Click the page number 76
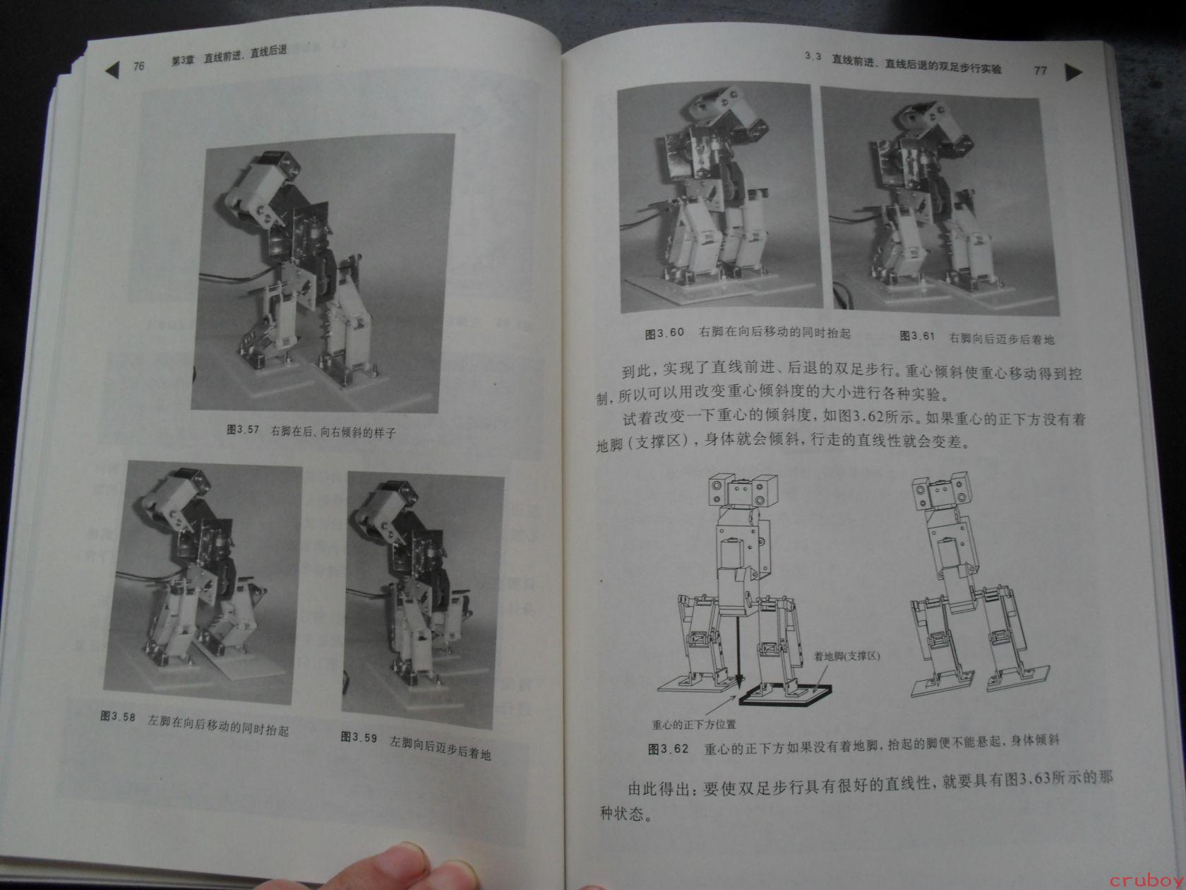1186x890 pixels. (139, 66)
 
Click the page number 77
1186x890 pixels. (1040, 70)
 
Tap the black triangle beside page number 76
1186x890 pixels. (112, 70)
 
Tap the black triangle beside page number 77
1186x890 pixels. (1072, 72)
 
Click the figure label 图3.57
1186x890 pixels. (243, 430)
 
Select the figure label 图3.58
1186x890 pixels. (118, 716)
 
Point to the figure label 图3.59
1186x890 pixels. (359, 737)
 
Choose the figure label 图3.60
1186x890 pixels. (664, 333)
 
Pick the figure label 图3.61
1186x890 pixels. (918, 336)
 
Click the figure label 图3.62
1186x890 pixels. (669, 749)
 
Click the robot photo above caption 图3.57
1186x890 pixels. (323, 273)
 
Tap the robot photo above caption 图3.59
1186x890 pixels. (423, 600)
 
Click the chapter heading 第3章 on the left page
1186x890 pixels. (183, 61)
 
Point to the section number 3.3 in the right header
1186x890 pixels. (813, 57)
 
